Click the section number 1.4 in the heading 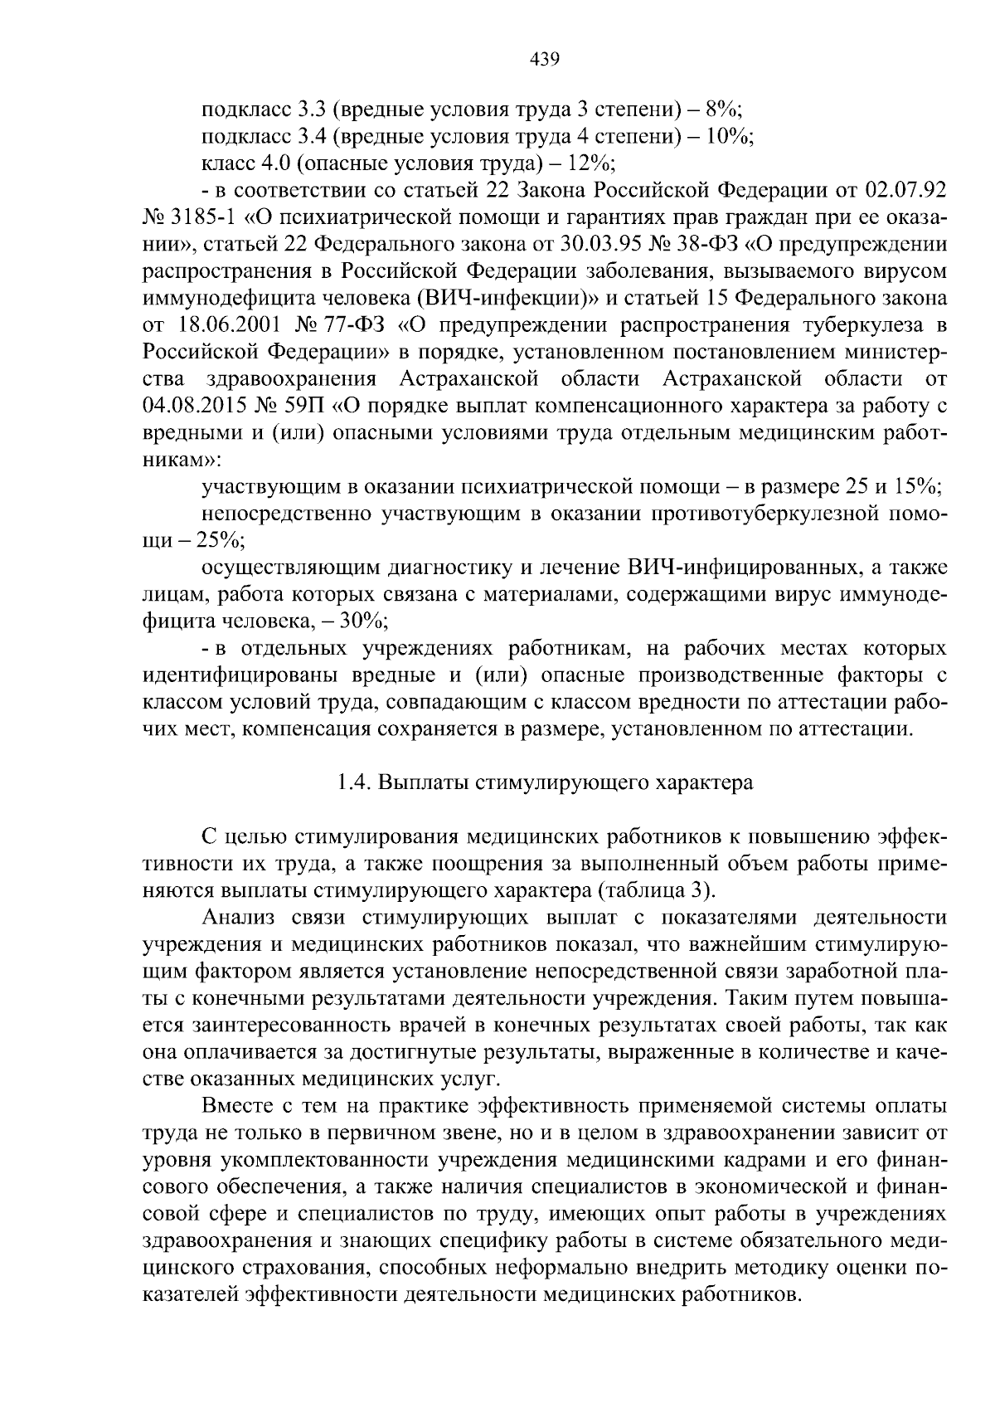(x=354, y=783)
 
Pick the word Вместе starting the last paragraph (x=240, y=1106)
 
